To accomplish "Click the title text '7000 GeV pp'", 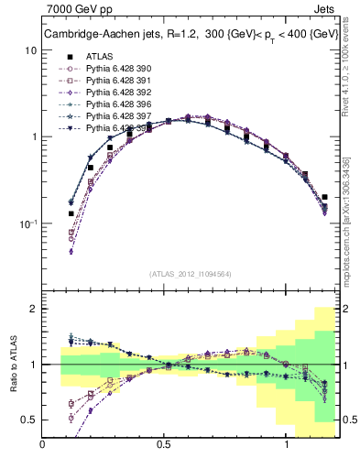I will (x=76, y=12).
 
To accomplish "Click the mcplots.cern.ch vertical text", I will (x=350, y=220).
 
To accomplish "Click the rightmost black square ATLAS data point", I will (x=324, y=197).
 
